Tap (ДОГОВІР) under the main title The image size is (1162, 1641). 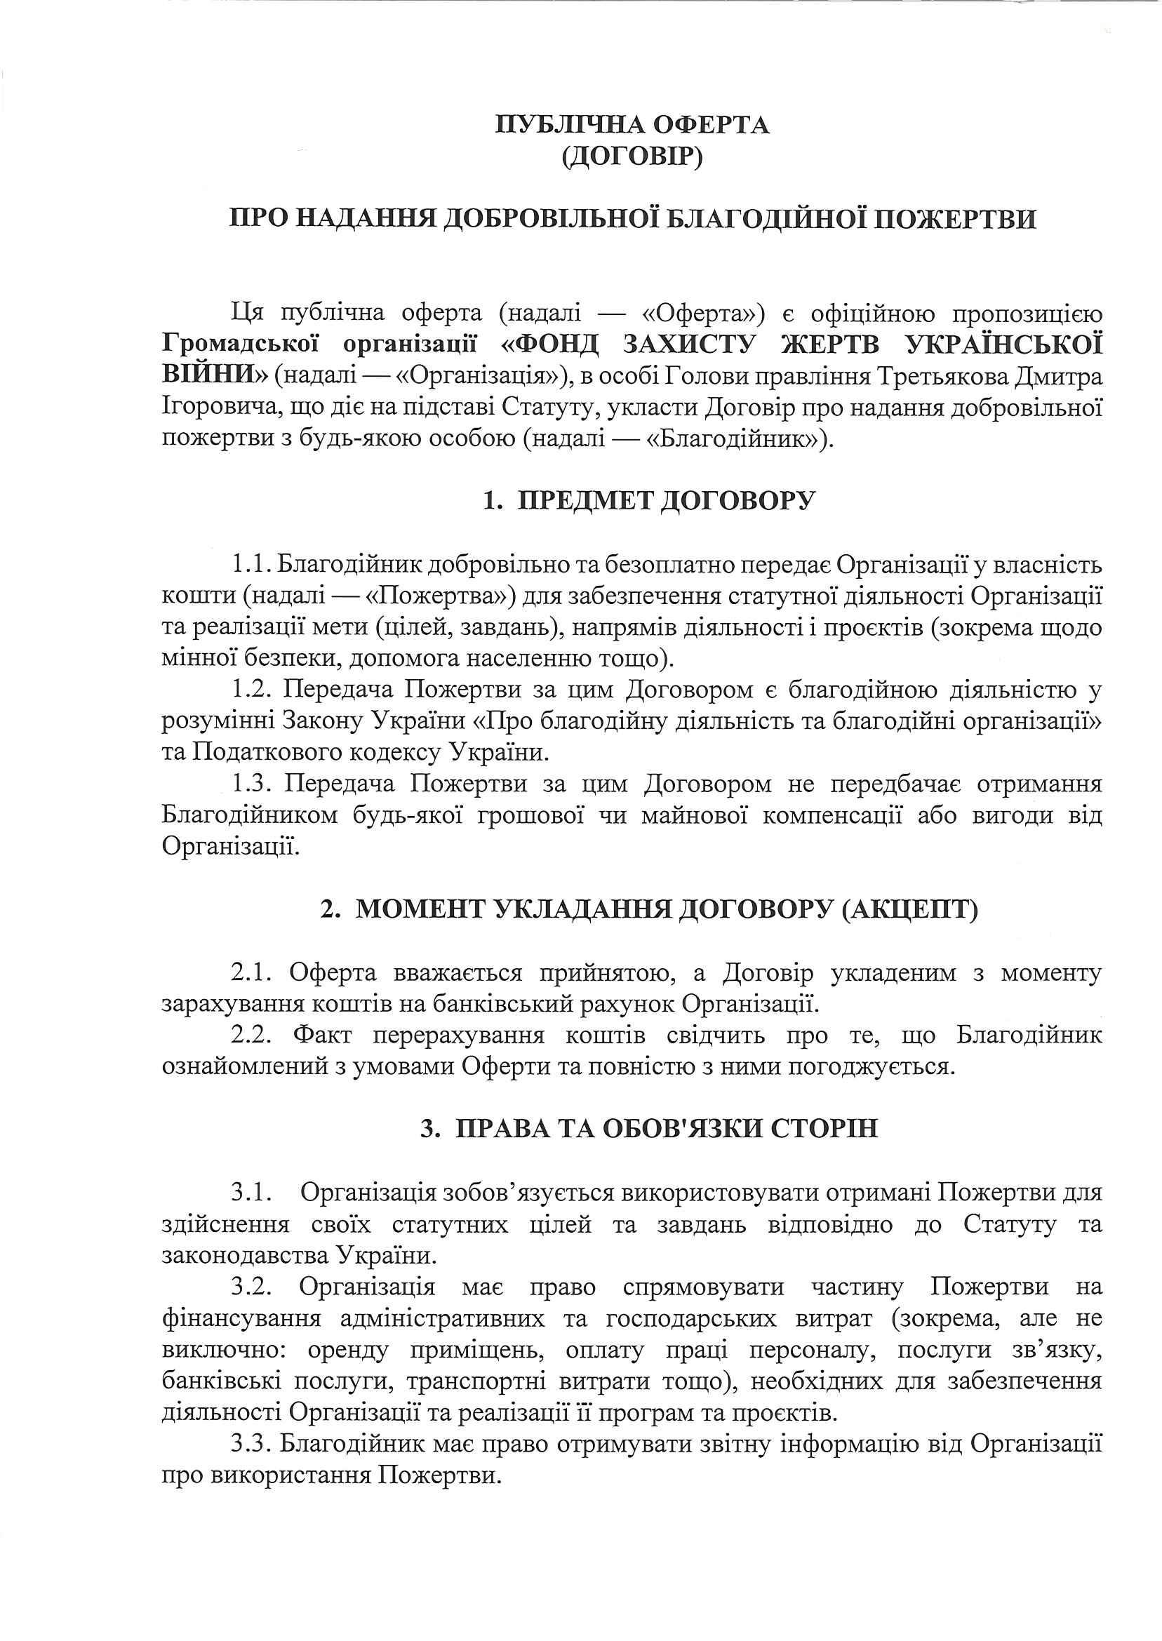tap(632, 156)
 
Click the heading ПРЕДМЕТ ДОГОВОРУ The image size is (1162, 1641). tap(666, 500)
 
